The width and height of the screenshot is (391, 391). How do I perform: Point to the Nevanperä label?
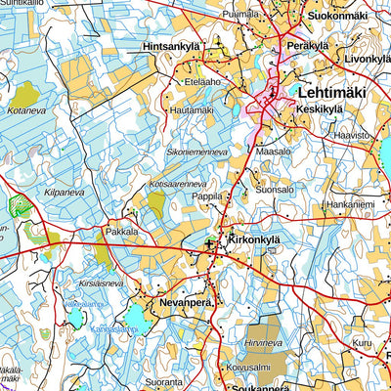point(186,304)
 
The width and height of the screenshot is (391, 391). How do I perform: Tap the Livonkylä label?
point(367,59)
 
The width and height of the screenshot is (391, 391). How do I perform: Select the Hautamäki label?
point(193,110)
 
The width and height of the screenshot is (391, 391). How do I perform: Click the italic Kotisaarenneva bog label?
point(178,183)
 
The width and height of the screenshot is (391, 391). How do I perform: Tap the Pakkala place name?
point(122,232)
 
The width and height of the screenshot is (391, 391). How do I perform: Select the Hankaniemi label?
point(349,204)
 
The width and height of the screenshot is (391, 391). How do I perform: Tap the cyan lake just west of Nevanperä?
point(131,316)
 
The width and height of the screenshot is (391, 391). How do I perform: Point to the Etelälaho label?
point(202,82)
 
